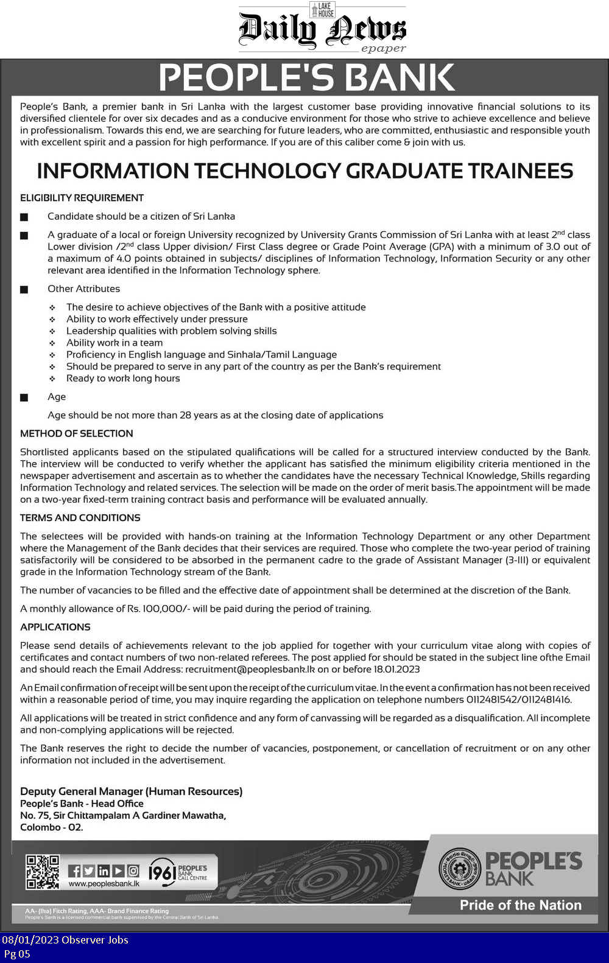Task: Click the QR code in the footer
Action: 42,872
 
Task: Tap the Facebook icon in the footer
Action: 74,871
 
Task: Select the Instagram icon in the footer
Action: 133,871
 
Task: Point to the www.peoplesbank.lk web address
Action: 104,884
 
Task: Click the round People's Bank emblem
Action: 460,869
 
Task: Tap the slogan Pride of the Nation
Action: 520,905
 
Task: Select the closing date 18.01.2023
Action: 396,669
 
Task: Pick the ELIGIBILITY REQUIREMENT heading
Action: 82,198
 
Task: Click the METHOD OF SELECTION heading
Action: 76,433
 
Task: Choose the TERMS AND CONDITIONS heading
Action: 80,517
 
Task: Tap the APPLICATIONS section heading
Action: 55,627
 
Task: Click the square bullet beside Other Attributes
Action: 24,290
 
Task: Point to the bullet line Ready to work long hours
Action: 123,378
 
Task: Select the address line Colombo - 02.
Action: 51,827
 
